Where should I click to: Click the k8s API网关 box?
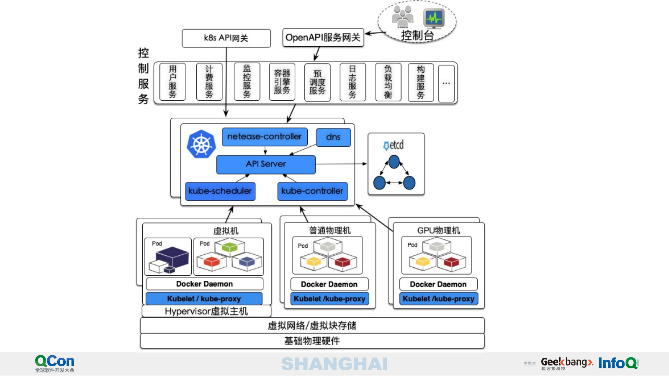(226, 38)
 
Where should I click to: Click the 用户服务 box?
(172, 82)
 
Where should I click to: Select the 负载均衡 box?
(388, 82)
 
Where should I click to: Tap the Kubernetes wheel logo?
(201, 144)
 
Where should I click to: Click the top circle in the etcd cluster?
(394, 162)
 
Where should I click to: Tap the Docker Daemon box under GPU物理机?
(438, 284)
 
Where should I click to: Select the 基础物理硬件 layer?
(312, 341)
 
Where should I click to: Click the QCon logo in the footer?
(54, 363)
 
